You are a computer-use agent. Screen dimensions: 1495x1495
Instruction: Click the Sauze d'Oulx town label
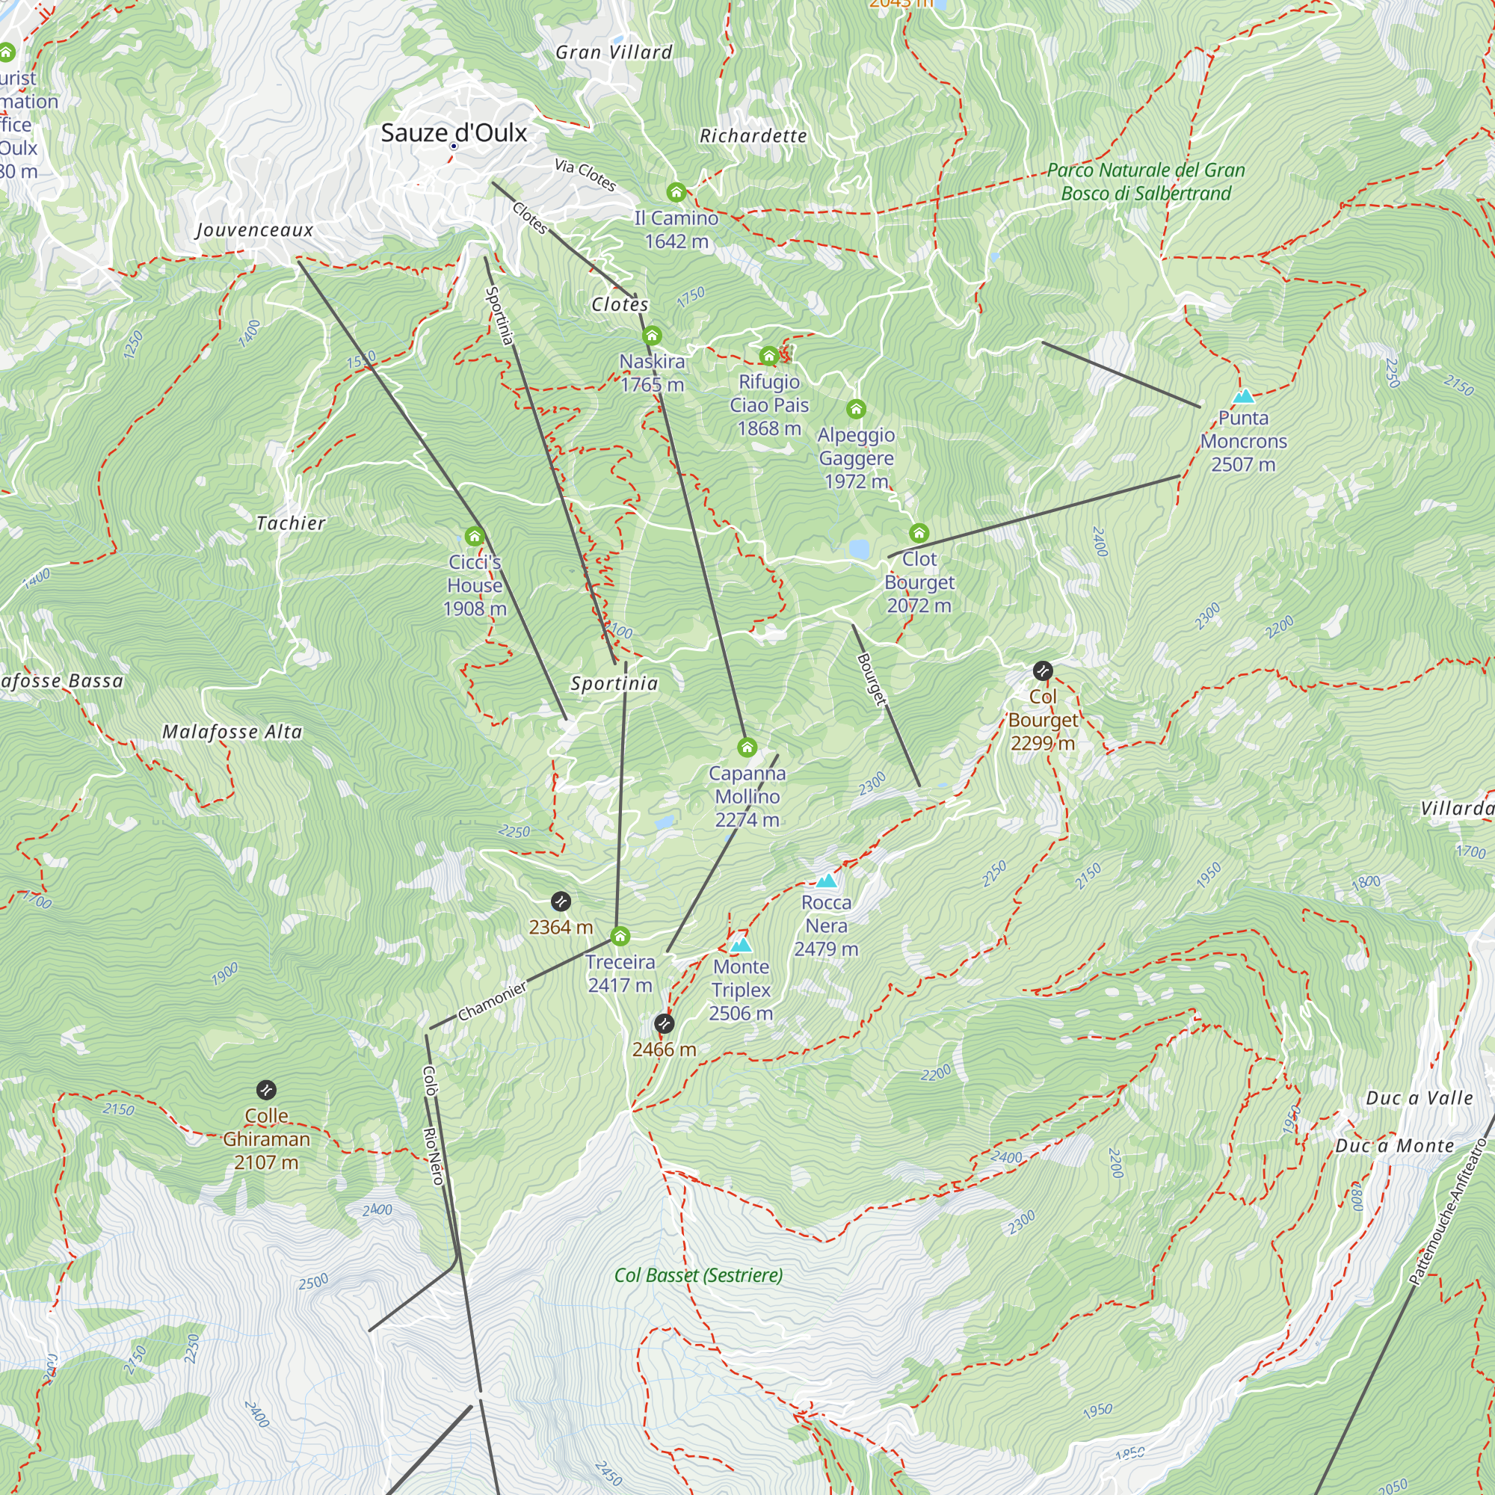(454, 133)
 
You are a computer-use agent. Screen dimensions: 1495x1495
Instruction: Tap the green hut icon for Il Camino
(676, 192)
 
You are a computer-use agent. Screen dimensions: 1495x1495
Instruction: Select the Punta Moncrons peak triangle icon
(1243, 397)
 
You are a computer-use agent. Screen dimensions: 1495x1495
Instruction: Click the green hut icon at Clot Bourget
(919, 533)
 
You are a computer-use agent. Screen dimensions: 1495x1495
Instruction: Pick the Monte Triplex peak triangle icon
(741, 945)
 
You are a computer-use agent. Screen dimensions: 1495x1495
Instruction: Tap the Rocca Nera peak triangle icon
(827, 881)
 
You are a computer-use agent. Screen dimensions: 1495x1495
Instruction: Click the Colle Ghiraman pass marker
(266, 1091)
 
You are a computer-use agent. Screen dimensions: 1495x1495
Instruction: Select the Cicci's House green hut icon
(475, 536)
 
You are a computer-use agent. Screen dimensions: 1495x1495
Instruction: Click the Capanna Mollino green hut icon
(747, 747)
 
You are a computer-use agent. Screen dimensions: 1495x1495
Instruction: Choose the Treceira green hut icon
(620, 937)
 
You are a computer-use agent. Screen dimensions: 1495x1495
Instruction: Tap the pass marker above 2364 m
(560, 901)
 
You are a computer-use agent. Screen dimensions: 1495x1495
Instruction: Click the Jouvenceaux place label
(255, 229)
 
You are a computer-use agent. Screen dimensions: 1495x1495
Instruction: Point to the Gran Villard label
(614, 52)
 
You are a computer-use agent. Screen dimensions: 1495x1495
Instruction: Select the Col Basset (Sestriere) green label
(698, 1275)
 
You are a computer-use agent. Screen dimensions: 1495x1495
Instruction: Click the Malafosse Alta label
(232, 732)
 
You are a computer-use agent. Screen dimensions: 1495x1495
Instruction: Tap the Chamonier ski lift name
(492, 1001)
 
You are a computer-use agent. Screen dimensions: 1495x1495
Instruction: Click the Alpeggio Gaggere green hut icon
(856, 409)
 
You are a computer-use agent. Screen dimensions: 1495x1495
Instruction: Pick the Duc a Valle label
(1420, 1098)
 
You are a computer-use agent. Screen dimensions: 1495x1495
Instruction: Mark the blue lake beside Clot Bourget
(859, 549)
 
